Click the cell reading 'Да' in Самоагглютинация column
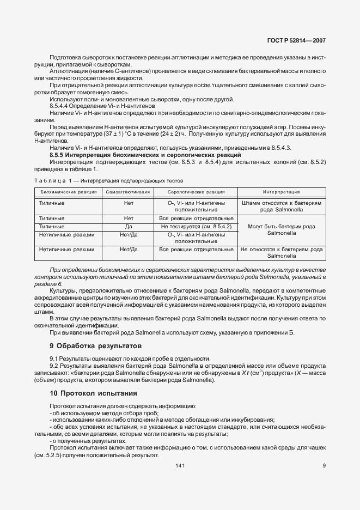(129, 226)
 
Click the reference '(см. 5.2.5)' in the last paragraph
(50, 456)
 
